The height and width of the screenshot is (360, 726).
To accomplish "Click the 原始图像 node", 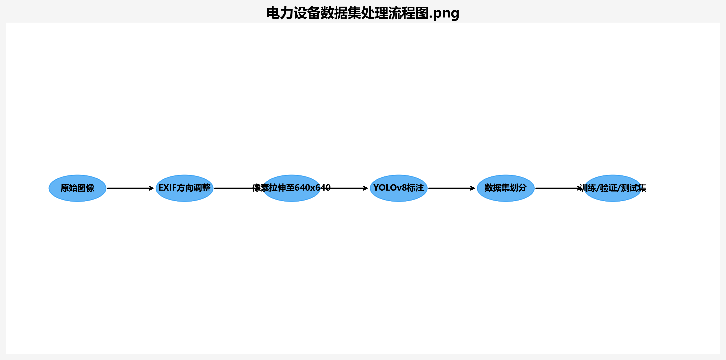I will click(x=77, y=188).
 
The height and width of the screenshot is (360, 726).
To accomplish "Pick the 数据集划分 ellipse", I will click(x=506, y=195).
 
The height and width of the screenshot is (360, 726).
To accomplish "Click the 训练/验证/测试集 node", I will click(x=613, y=196).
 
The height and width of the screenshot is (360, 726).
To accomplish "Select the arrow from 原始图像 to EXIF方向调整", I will click(x=130, y=188).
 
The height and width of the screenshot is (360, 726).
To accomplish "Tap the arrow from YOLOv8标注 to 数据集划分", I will click(x=451, y=188).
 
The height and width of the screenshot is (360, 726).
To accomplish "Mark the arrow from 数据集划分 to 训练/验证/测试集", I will click(x=557, y=188).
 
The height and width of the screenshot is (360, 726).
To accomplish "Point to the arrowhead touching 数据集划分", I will click(x=473, y=188).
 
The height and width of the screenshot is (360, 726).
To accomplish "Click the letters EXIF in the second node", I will click(x=167, y=188).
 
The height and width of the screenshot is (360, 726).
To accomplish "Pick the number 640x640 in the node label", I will click(x=312, y=188).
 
